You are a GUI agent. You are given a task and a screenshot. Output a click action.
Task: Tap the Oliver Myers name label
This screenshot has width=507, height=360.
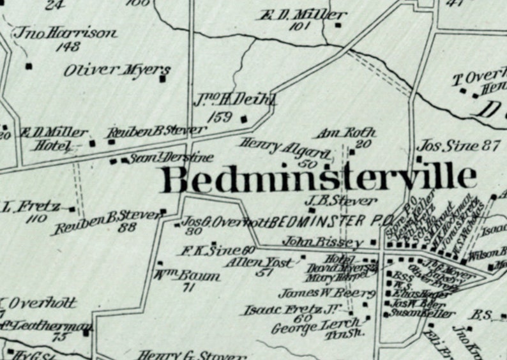[x=117, y=70]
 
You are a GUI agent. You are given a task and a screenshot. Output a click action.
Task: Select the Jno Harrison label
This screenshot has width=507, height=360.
[x=66, y=33]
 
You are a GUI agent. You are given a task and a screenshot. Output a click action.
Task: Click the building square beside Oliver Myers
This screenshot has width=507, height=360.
[x=163, y=80]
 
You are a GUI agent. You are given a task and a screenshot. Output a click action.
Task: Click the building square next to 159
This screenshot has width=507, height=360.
[x=243, y=118]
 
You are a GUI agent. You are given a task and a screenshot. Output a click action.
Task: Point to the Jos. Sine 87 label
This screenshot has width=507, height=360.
[x=458, y=146]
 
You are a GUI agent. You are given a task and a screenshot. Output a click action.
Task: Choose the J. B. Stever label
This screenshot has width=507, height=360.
[x=342, y=201]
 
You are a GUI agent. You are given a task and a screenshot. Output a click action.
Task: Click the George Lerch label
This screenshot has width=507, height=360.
[x=303, y=327]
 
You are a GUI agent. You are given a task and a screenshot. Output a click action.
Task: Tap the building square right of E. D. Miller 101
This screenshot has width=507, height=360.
[x=338, y=26]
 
